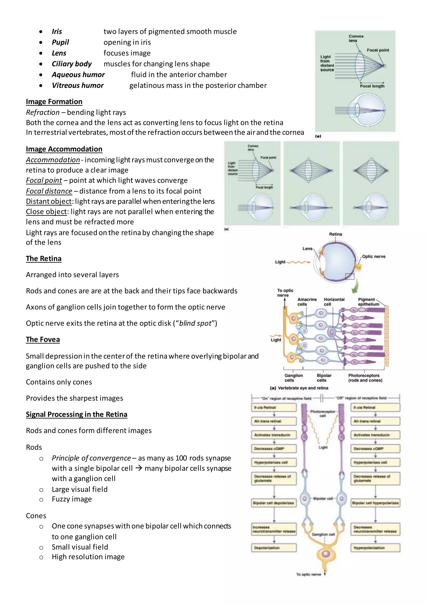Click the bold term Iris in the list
(x=57, y=32)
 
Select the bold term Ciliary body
(x=71, y=64)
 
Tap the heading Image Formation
(x=54, y=102)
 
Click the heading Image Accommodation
(x=64, y=149)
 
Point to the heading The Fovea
(x=43, y=339)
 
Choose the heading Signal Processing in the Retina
(x=76, y=414)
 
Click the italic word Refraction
(x=43, y=113)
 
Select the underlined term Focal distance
(x=49, y=191)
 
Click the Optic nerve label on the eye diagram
(x=373, y=257)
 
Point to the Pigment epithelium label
(x=368, y=302)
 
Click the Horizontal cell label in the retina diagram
(x=334, y=302)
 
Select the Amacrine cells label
(x=307, y=302)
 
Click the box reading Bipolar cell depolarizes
(x=273, y=503)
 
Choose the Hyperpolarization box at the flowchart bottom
(x=375, y=548)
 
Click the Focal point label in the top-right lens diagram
(x=378, y=50)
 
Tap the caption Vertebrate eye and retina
(x=303, y=388)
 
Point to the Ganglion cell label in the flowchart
(x=323, y=534)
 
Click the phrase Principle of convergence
(x=91, y=458)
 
